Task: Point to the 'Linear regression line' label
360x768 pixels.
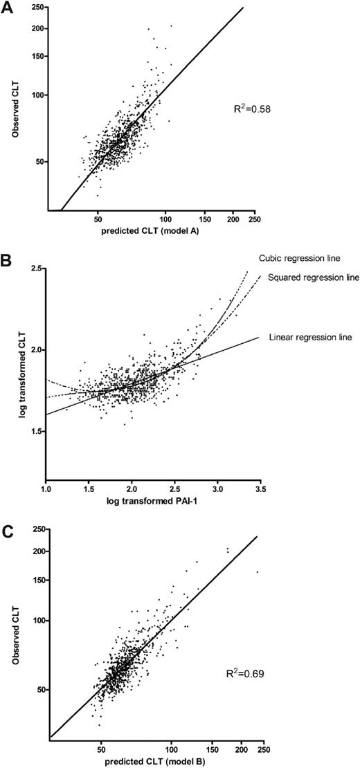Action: pyautogui.click(x=314, y=338)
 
